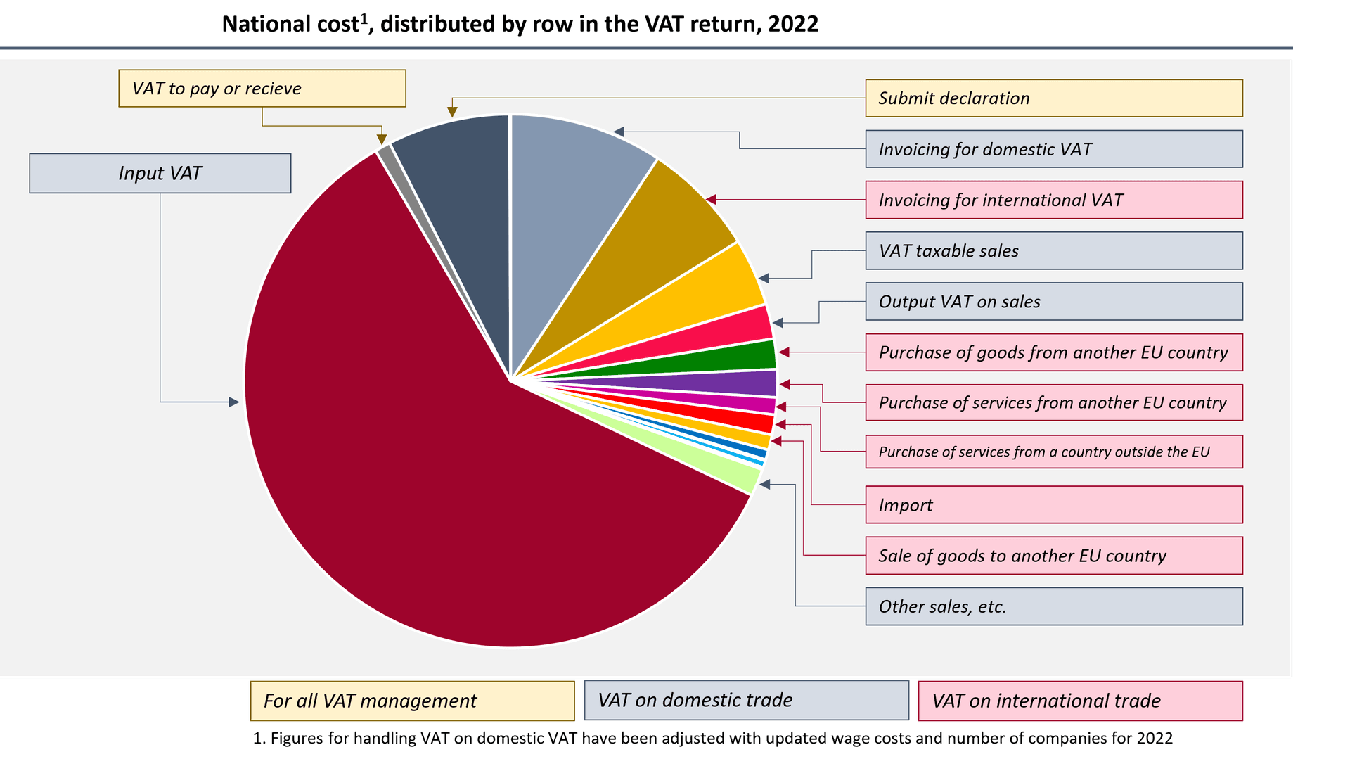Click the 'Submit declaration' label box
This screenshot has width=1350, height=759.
coord(1053,98)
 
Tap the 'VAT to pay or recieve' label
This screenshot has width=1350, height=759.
coord(262,89)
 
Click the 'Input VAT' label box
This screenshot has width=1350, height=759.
coord(160,173)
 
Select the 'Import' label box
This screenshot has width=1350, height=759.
coord(1053,504)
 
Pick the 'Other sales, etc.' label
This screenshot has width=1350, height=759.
coord(1053,606)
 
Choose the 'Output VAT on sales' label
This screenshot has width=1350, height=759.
coord(1053,301)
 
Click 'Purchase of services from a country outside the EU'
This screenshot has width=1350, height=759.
coord(1053,452)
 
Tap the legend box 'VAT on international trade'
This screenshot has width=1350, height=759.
coord(1080,701)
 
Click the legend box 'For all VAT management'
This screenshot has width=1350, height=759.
coord(412,701)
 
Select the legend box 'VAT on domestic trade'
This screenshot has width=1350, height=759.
coord(746,700)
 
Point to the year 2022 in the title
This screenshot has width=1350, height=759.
coord(793,24)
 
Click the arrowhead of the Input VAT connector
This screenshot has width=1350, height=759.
coord(234,402)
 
